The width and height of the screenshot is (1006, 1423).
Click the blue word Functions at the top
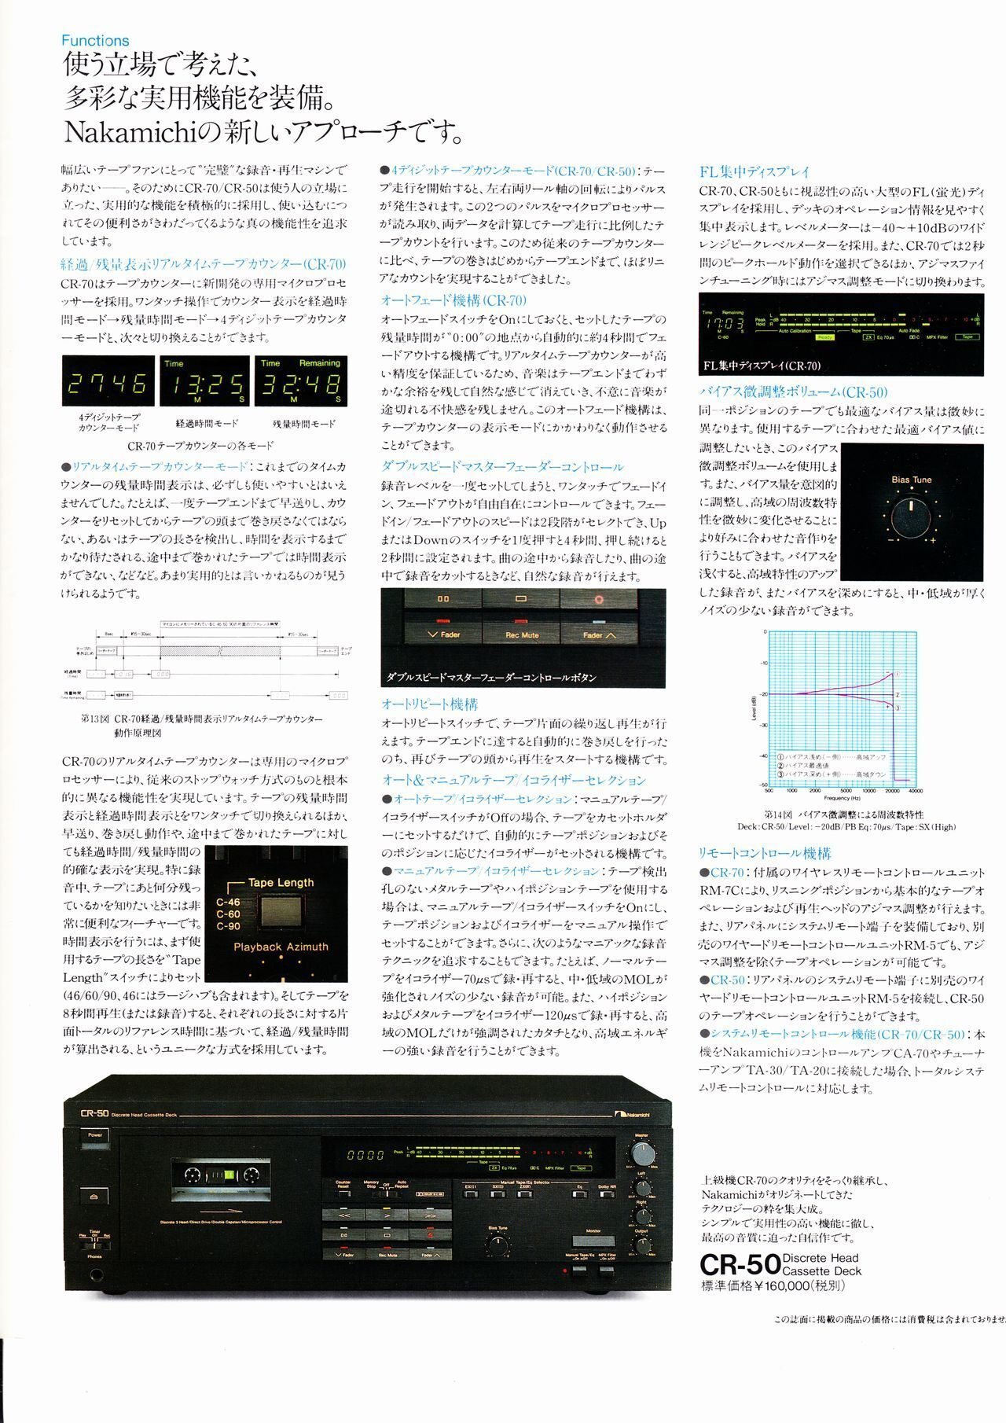point(95,40)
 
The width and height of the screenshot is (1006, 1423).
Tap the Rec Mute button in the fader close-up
point(522,634)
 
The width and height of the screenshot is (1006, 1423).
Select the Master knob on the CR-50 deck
point(642,1154)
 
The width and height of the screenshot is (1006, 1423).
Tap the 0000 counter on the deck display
point(365,1156)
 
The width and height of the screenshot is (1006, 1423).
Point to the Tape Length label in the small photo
point(281,882)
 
